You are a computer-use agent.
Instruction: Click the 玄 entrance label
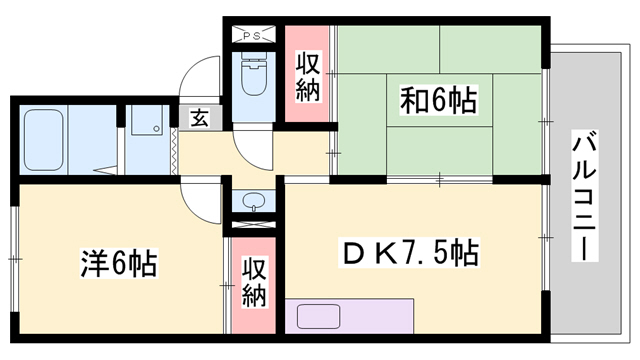pos(200,118)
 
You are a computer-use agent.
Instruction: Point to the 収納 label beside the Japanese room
pos(307,75)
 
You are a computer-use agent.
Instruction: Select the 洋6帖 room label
pos(117,264)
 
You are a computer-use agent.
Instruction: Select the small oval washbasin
pos(252,200)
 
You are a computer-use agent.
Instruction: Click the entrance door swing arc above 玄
pos(200,80)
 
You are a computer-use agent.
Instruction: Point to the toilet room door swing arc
pos(254,150)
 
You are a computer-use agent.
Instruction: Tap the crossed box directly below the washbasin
pos(252,225)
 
